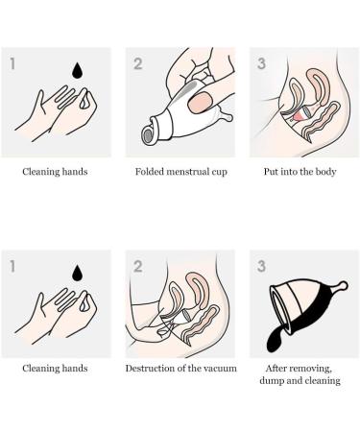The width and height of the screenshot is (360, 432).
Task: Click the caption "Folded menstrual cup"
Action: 180,175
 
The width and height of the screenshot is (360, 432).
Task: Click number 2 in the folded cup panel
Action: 137,63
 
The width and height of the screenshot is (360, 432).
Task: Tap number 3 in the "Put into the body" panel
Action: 259,63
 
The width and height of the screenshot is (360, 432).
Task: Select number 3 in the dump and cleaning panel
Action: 259,260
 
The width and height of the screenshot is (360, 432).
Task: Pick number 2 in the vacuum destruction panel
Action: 137,260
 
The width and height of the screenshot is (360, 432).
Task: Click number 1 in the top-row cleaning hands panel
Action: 13,63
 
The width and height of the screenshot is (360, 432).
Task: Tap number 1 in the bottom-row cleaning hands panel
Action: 13,260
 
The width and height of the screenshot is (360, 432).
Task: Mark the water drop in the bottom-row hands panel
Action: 73,268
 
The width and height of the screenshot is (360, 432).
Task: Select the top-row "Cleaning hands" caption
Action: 56,175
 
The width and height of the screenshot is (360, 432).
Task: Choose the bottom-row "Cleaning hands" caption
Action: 56,368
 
